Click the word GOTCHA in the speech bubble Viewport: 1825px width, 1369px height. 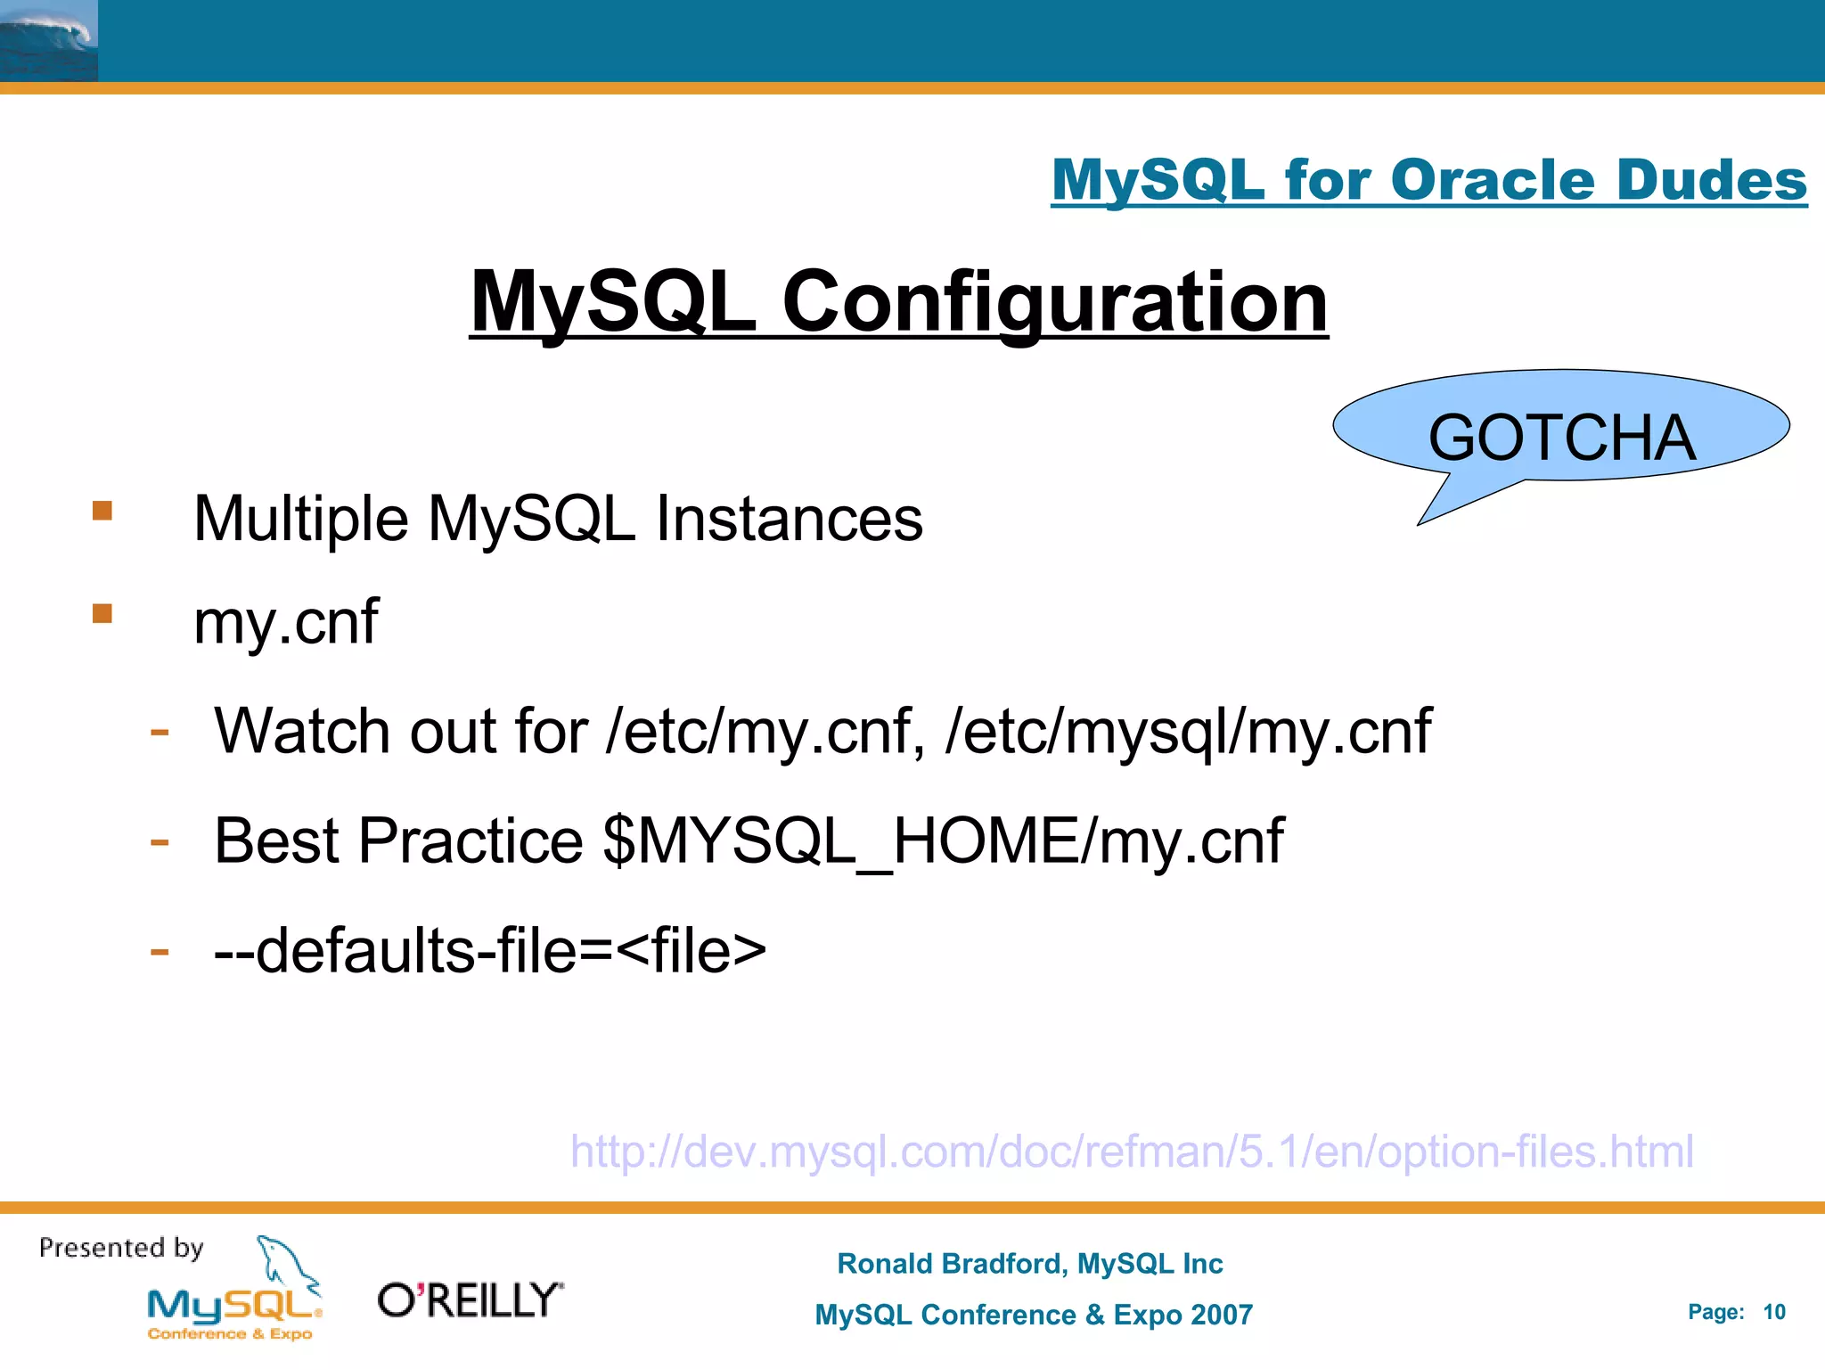pos(1561,438)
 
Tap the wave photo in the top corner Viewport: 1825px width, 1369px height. pos(48,41)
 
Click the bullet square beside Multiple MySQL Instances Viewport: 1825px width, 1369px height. pos(102,511)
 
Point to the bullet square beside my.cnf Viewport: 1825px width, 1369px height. pos(102,613)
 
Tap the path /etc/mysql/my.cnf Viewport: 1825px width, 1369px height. pos(1188,732)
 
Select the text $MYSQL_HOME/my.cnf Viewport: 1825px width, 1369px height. pos(943,841)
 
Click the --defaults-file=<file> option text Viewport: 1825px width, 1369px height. pos(490,951)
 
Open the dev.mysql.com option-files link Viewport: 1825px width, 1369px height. pos(1131,1152)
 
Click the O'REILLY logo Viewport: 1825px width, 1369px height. pos(471,1300)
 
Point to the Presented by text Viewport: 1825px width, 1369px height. pos(121,1248)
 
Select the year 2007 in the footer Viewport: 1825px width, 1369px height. pos(1221,1315)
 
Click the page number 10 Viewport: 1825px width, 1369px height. pos(1773,1312)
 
